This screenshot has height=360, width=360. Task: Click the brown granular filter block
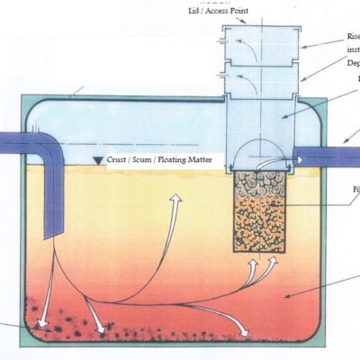[x=258, y=213]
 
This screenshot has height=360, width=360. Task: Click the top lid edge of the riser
[x=254, y=26]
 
